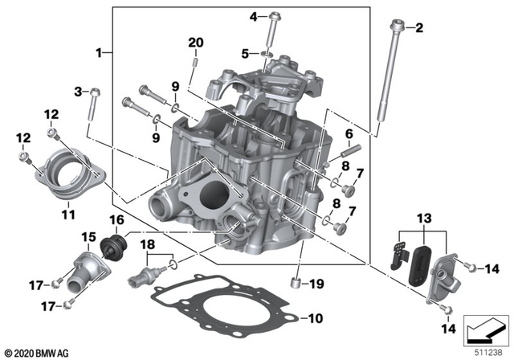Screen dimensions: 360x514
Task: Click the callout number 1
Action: tap(100, 52)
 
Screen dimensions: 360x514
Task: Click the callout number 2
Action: tap(418, 30)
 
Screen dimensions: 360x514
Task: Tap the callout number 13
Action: tap(423, 219)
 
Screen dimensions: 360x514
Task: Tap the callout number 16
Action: tap(116, 219)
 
